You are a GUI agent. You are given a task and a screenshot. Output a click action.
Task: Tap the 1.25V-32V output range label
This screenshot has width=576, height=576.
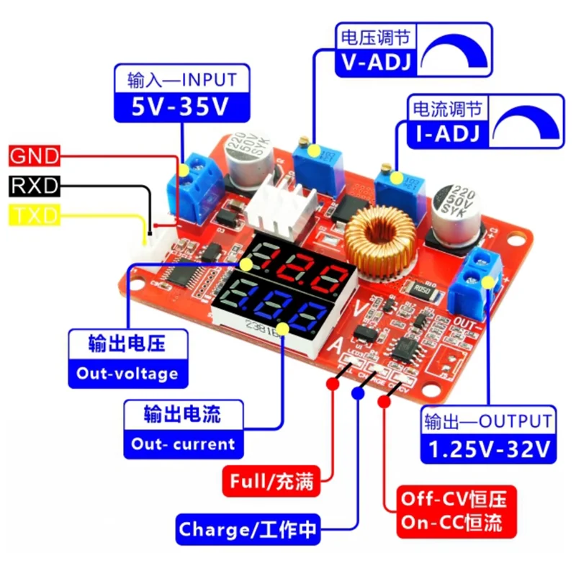click(x=489, y=449)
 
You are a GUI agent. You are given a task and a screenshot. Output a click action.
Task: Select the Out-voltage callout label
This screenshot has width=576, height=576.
click(x=127, y=374)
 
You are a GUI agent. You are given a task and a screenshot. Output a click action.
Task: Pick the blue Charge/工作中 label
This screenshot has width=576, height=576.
click(x=248, y=530)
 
